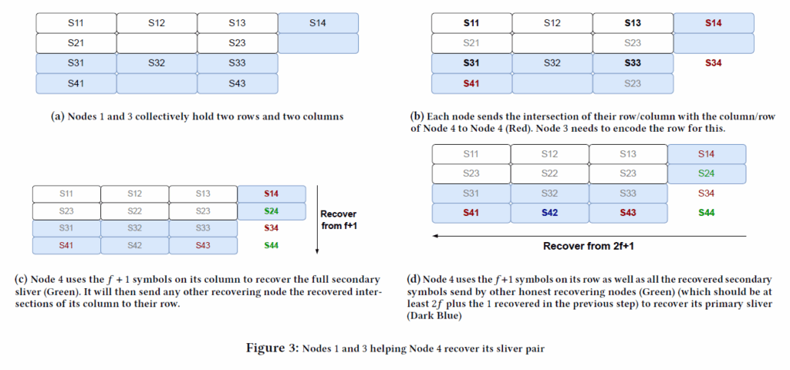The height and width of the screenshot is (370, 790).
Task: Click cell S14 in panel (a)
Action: [x=318, y=23]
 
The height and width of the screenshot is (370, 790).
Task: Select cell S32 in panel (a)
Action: [x=156, y=63]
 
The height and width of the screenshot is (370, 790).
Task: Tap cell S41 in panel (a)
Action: [x=76, y=83]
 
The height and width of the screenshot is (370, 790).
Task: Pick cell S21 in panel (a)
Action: [x=76, y=43]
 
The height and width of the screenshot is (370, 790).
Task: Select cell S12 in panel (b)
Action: [x=552, y=23]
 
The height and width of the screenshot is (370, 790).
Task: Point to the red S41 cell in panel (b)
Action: [x=471, y=83]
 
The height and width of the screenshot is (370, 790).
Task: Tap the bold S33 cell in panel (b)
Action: [x=633, y=63]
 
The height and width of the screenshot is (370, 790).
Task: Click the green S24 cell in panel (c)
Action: [x=272, y=210]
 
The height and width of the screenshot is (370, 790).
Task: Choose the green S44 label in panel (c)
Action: [x=272, y=245]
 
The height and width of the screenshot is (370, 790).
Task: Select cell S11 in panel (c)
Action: [x=66, y=193]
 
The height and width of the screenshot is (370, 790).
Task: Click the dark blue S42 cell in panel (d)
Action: [x=551, y=213]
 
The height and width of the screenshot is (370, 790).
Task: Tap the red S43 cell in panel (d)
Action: [x=630, y=213]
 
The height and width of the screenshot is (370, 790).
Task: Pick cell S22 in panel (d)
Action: [x=551, y=173]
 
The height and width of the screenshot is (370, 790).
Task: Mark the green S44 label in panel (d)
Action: [x=707, y=213]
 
